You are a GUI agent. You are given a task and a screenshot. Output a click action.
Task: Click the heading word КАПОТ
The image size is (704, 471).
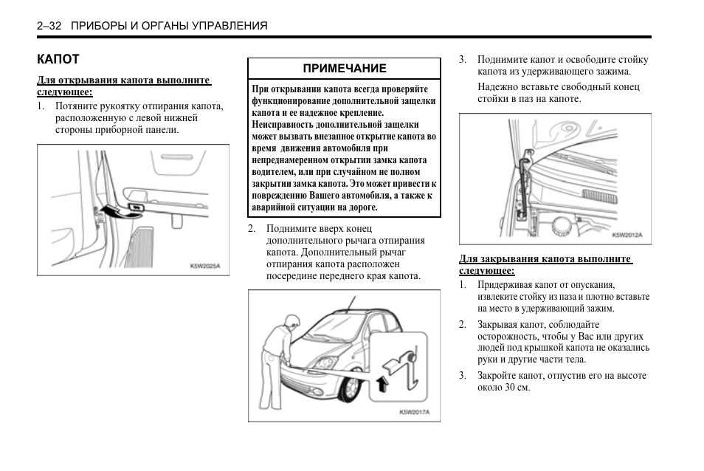pyautogui.click(x=58, y=59)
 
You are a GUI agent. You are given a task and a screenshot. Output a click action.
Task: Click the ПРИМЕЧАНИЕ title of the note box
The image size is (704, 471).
pyautogui.click(x=345, y=68)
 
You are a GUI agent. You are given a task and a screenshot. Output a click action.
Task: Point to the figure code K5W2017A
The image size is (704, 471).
pyautogui.click(x=414, y=412)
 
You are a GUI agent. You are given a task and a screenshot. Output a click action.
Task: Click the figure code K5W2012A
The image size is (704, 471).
pyautogui.click(x=627, y=235)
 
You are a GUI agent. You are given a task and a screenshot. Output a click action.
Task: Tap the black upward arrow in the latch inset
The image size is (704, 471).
pyautogui.click(x=381, y=382)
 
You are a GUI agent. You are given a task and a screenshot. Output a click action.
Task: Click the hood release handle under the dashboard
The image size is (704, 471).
pyautogui.click(x=137, y=206)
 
